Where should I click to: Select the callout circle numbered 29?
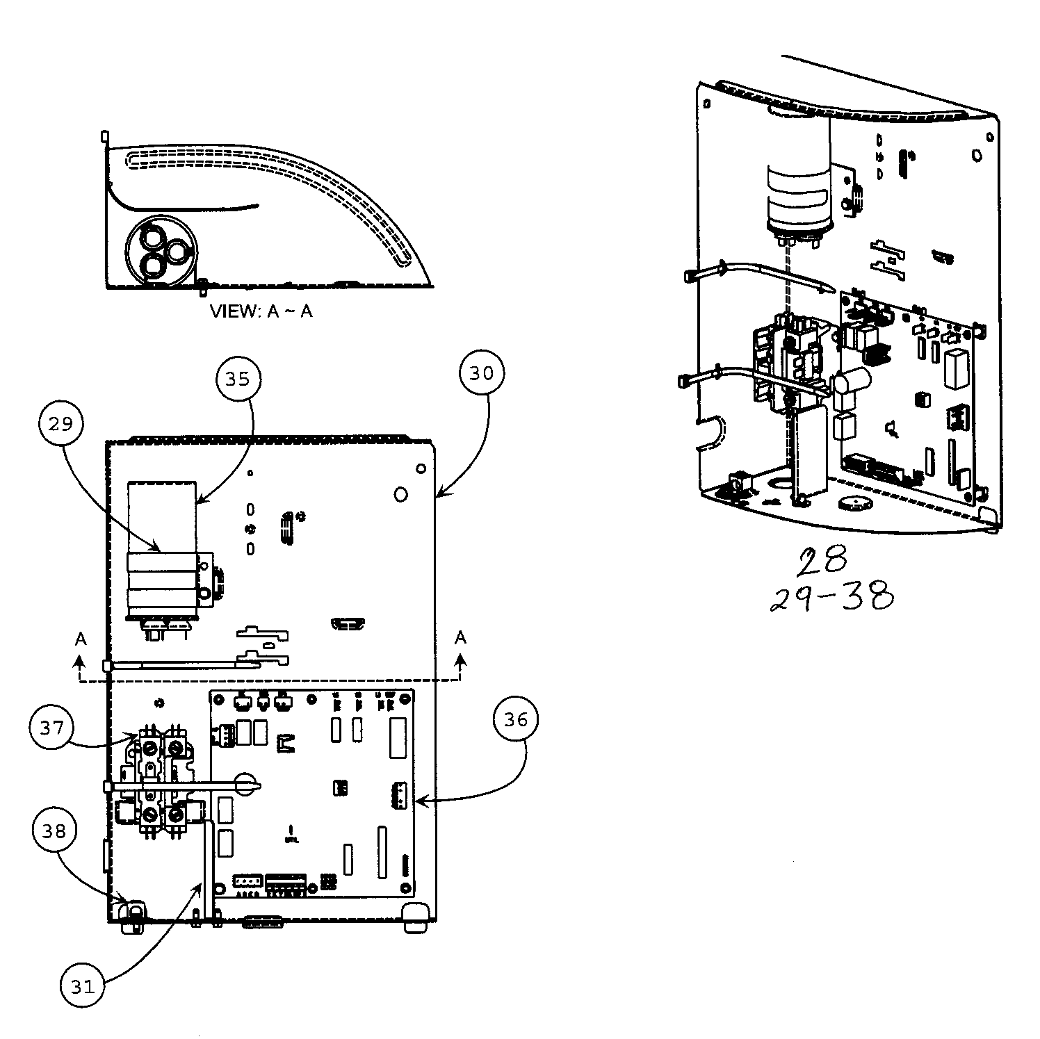61,423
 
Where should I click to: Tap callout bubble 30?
481,373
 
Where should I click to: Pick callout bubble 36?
516,721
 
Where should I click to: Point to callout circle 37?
52,728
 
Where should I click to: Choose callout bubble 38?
54,831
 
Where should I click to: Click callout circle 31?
83,986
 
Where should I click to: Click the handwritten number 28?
822,562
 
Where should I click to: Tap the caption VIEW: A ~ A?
261,311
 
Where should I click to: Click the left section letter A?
81,639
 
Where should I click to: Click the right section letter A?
460,637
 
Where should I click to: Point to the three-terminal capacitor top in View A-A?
161,250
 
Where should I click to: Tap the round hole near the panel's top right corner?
400,494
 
